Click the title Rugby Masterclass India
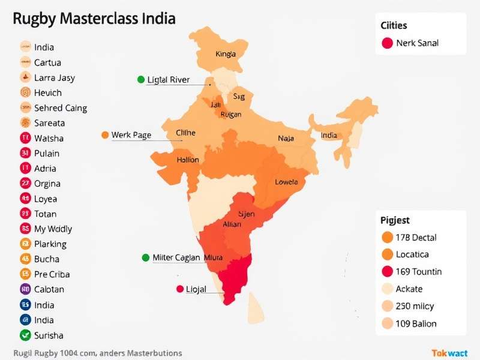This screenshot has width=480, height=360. pos(94,19)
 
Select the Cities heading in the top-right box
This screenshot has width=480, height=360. pos(394,25)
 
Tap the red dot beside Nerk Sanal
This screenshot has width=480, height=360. pos(387,43)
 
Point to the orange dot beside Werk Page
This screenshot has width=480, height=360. pos(105,135)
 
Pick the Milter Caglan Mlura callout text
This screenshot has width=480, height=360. pos(187,257)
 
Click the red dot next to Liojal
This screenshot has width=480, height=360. pos(179,289)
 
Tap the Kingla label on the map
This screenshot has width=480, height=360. pos(225,54)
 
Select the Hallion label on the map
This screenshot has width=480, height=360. pos(188,160)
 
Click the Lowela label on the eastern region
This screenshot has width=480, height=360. pos(286,182)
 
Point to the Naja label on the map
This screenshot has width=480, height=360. pos(286,139)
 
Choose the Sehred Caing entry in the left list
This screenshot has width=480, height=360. pos(61,108)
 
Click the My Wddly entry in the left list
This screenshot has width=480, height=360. pos(53,229)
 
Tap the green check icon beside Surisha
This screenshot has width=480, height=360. pos(25,335)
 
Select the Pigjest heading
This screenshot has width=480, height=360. pos(395,220)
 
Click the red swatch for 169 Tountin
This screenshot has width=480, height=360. pos(387,271)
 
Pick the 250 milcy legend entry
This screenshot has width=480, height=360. pos(415,306)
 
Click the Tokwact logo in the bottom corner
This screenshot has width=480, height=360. pos(449,353)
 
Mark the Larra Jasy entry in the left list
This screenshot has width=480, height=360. pos(55,77)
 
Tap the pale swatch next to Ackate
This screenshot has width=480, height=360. pos(387,289)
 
